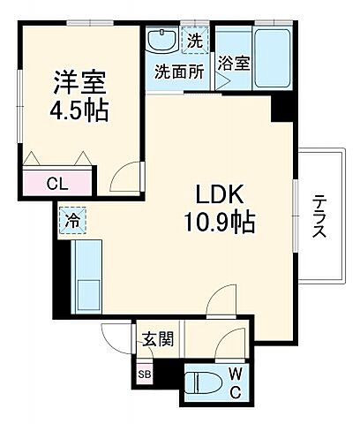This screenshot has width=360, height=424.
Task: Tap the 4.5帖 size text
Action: point(81,112)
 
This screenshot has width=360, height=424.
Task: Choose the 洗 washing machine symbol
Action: point(194,39)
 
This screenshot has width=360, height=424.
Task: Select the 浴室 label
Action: point(235,64)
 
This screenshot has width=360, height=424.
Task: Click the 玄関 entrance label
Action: point(160,338)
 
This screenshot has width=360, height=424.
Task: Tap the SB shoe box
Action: point(144,372)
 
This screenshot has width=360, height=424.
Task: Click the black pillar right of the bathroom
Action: point(281,109)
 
